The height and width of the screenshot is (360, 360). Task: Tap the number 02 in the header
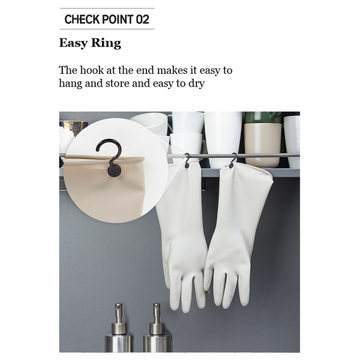[x=142, y=19]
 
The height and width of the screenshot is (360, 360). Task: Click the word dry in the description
[x=196, y=84]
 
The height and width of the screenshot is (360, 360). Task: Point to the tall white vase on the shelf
[x=223, y=138]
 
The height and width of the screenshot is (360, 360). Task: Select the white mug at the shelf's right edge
[x=292, y=141]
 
